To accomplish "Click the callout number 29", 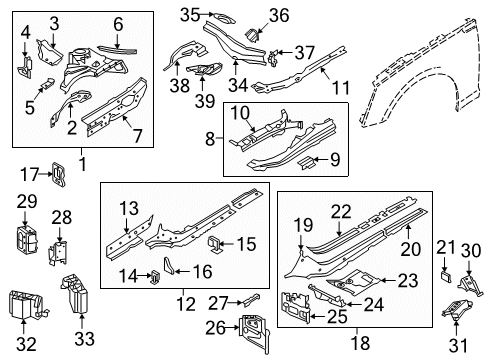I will [x=27, y=203].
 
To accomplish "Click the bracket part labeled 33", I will [x=76, y=296].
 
